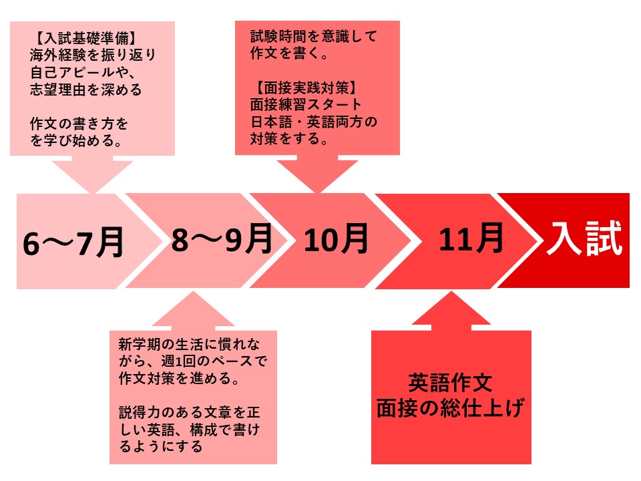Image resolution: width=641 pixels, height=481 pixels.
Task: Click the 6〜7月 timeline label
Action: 73,243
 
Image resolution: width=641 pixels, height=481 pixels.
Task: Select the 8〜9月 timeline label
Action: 222,238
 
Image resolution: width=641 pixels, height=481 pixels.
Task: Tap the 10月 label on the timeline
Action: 336,238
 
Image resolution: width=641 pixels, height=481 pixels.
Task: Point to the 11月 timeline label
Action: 471,238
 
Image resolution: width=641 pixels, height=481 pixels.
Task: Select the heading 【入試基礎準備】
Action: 85,38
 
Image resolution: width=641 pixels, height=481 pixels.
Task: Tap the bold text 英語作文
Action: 450,383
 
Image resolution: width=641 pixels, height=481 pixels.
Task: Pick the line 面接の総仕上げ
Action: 451,408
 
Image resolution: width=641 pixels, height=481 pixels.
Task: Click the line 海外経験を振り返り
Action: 93,55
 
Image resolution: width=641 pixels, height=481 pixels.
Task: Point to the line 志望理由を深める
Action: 86,89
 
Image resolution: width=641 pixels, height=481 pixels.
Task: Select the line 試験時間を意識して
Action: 314,36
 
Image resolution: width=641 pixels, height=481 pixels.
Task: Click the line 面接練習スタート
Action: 306,105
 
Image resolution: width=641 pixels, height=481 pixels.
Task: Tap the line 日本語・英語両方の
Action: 314,122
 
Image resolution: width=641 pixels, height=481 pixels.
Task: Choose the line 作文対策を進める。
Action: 179,378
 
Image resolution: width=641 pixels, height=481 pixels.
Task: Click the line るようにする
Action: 161,446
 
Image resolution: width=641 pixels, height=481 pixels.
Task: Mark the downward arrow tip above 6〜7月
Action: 93,193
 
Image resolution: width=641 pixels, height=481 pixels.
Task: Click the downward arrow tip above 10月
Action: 318,192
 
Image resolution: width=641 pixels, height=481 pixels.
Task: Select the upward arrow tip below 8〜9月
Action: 193,291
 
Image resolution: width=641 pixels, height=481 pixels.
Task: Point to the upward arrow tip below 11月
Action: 451,291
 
